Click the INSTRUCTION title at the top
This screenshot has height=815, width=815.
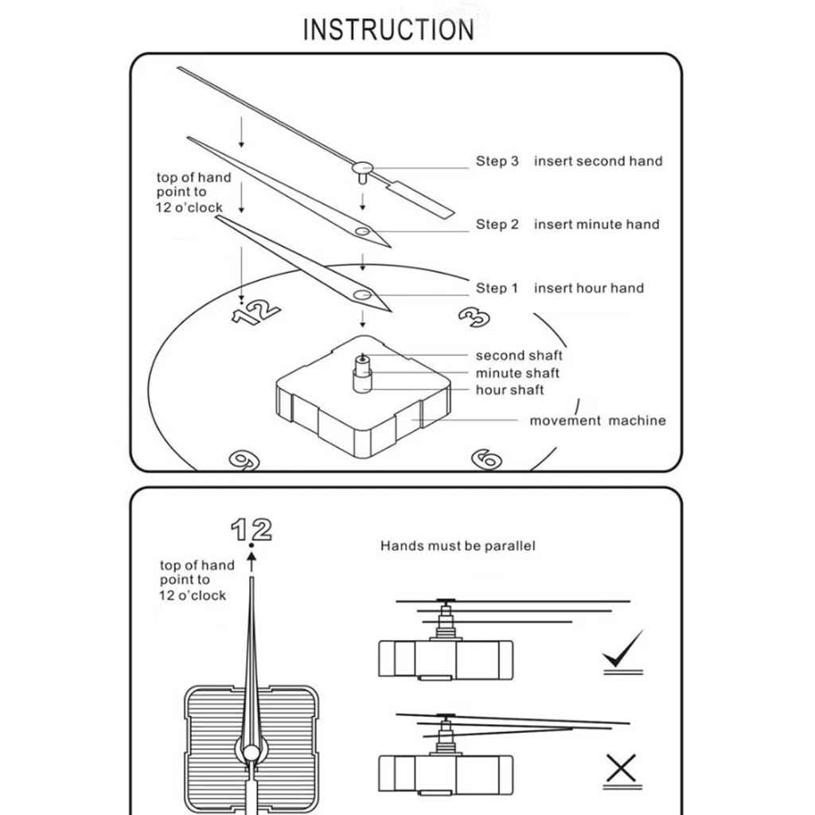[x=388, y=29]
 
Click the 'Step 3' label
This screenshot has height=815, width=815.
[x=497, y=161]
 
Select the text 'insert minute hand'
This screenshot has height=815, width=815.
[x=596, y=224]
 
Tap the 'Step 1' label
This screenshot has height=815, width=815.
[x=497, y=288]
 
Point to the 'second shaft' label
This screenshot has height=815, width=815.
[x=519, y=356]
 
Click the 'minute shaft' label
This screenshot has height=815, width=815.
[x=517, y=372]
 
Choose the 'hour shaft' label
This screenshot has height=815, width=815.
[x=509, y=390]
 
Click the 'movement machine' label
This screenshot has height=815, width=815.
[x=597, y=420]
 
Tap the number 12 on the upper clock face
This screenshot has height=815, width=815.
[x=256, y=312]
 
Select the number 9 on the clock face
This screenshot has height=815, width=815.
[x=241, y=459]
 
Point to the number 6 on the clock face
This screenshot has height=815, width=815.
[x=486, y=458]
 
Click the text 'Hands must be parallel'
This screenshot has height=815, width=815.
[x=458, y=546]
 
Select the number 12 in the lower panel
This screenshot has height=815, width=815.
[x=252, y=529]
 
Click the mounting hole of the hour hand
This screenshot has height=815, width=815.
[x=362, y=295]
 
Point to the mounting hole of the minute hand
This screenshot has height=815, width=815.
[x=363, y=231]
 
